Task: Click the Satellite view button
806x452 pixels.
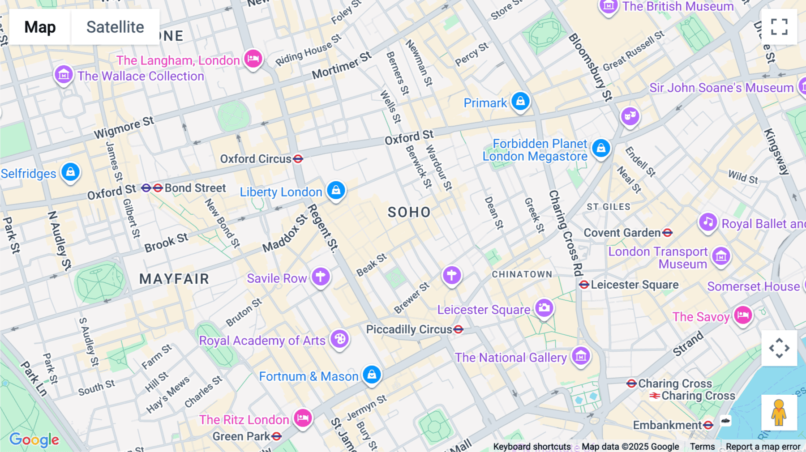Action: tap(115, 27)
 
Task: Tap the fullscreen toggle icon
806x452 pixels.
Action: tap(779, 27)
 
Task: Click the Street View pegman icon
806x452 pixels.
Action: tap(779, 413)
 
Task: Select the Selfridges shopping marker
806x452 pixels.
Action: tap(70, 172)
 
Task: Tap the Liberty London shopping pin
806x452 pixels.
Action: tap(336, 190)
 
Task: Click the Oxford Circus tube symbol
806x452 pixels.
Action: tap(298, 159)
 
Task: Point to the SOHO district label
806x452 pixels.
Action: tap(409, 212)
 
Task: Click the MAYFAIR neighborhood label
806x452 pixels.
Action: tap(174, 279)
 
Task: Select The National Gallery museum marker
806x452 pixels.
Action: tap(581, 356)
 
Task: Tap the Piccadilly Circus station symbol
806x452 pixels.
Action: tap(458, 330)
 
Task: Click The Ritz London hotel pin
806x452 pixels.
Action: tap(303, 418)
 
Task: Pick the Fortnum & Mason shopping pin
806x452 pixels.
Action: tap(372, 375)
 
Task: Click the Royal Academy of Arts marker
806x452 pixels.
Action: tap(339, 339)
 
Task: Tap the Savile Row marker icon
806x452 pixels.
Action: tap(321, 277)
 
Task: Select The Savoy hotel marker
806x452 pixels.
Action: tap(743, 315)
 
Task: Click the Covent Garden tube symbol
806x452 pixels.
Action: tap(668, 233)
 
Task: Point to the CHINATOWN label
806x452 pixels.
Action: tap(522, 274)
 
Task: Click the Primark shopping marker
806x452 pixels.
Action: tap(520, 102)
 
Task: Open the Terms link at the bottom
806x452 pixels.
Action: tap(702, 447)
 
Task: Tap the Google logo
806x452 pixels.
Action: tap(34, 440)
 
